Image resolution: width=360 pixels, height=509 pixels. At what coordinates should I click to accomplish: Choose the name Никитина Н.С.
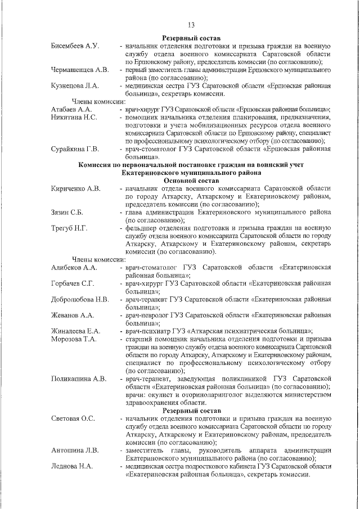(x=74, y=117)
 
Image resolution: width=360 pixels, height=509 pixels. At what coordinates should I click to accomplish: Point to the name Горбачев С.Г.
(x=72, y=283)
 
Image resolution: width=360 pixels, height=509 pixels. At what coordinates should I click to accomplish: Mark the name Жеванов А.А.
(x=71, y=315)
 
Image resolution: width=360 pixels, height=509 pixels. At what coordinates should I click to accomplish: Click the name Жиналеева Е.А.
(x=75, y=331)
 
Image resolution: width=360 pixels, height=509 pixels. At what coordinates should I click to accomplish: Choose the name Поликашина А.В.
(x=79, y=379)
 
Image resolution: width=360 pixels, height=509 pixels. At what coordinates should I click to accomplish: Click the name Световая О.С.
(x=73, y=419)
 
